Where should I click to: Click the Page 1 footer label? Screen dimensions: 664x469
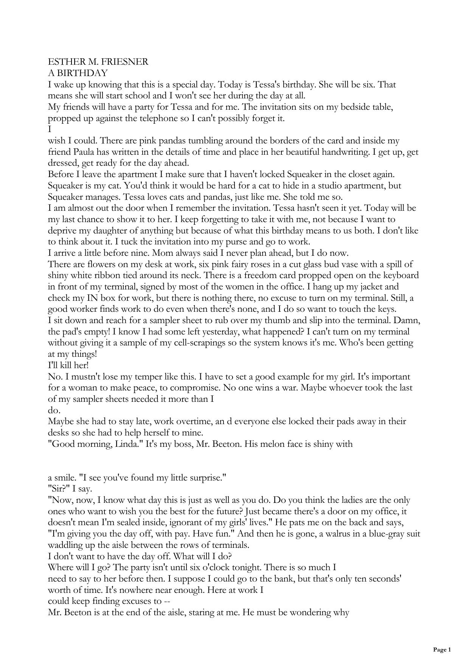[442, 650]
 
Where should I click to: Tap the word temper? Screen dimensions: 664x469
[144, 377]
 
